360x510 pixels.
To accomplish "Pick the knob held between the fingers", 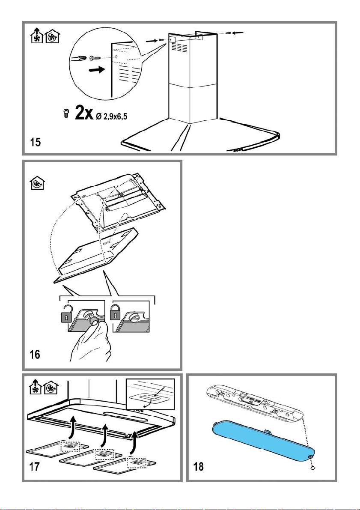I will pyautogui.click(x=92, y=319).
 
